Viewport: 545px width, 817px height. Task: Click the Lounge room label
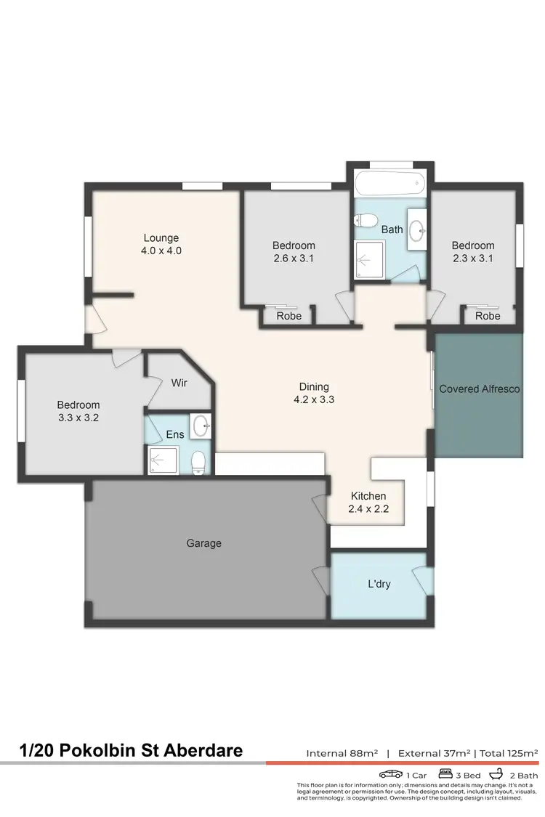tap(161, 238)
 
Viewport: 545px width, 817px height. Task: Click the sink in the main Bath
tap(416, 230)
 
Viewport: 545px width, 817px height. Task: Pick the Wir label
tap(179, 382)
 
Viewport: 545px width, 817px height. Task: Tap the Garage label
tap(203, 543)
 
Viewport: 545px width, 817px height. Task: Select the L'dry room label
tap(379, 583)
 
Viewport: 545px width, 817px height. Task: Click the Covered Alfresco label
tap(480, 389)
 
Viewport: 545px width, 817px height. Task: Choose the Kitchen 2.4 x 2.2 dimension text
tap(369, 509)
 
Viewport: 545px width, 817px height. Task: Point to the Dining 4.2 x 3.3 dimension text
tap(314, 399)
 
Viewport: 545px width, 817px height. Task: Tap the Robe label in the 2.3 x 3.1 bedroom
tap(488, 316)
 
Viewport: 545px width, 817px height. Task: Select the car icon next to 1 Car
tap(391, 775)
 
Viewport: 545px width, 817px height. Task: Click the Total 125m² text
tap(509, 753)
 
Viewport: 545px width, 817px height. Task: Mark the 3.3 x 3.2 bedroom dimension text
tap(78, 418)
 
